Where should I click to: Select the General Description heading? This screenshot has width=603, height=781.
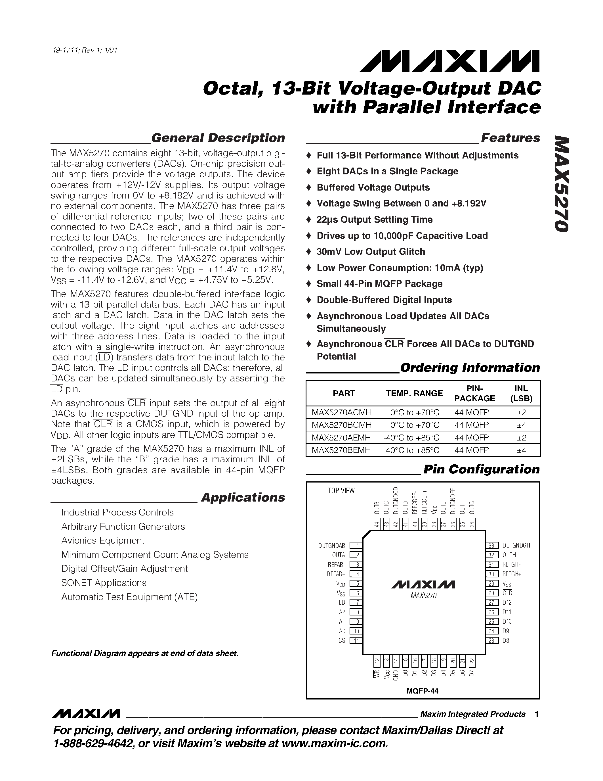218,138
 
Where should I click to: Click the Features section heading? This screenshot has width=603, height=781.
510,138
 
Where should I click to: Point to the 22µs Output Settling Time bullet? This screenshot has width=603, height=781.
374,220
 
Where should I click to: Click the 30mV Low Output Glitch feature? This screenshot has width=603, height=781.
370,252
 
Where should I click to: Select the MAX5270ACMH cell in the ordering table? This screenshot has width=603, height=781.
341,412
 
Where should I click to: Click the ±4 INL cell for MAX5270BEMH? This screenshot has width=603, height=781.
521,450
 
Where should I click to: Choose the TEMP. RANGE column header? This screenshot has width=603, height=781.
414,393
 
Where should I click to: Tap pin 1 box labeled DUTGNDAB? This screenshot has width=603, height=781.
356,545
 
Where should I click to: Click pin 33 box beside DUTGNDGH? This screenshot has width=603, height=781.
492,545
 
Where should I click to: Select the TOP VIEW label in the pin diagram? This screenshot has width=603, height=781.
341,491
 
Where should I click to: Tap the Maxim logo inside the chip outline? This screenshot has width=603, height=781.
423,585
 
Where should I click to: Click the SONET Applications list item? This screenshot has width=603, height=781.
104,583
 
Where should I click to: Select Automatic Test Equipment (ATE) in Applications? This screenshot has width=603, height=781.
129,597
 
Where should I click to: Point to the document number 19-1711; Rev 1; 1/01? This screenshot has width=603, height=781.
84,50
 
